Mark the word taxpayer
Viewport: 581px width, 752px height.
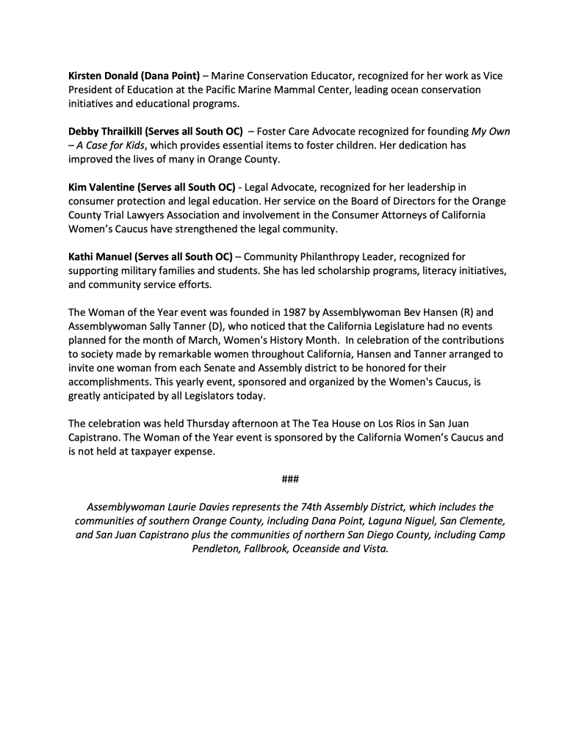[x=152, y=451]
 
